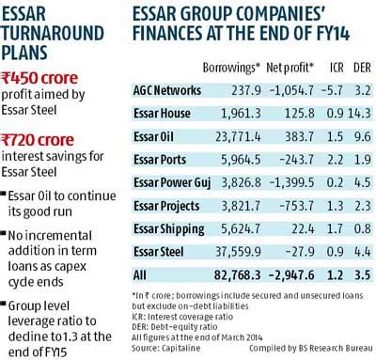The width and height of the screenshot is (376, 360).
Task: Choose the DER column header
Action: [x=358, y=69]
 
